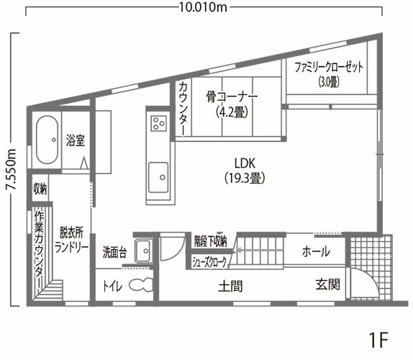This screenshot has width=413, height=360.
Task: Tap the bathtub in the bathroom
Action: tap(47, 139)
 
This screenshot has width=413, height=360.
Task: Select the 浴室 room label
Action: tap(76, 138)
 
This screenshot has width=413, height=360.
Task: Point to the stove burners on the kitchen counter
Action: tap(157, 123)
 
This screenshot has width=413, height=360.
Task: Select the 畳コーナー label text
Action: tap(231, 96)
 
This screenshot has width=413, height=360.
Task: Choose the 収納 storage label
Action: tap(40, 189)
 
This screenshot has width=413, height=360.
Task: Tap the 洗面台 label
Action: tap(115, 253)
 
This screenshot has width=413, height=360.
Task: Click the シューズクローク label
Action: tap(209, 262)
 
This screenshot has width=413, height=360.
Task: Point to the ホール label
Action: tap(317, 252)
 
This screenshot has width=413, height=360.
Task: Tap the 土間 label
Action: tap(230, 286)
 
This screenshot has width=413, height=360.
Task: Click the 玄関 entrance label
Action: tap(327, 285)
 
